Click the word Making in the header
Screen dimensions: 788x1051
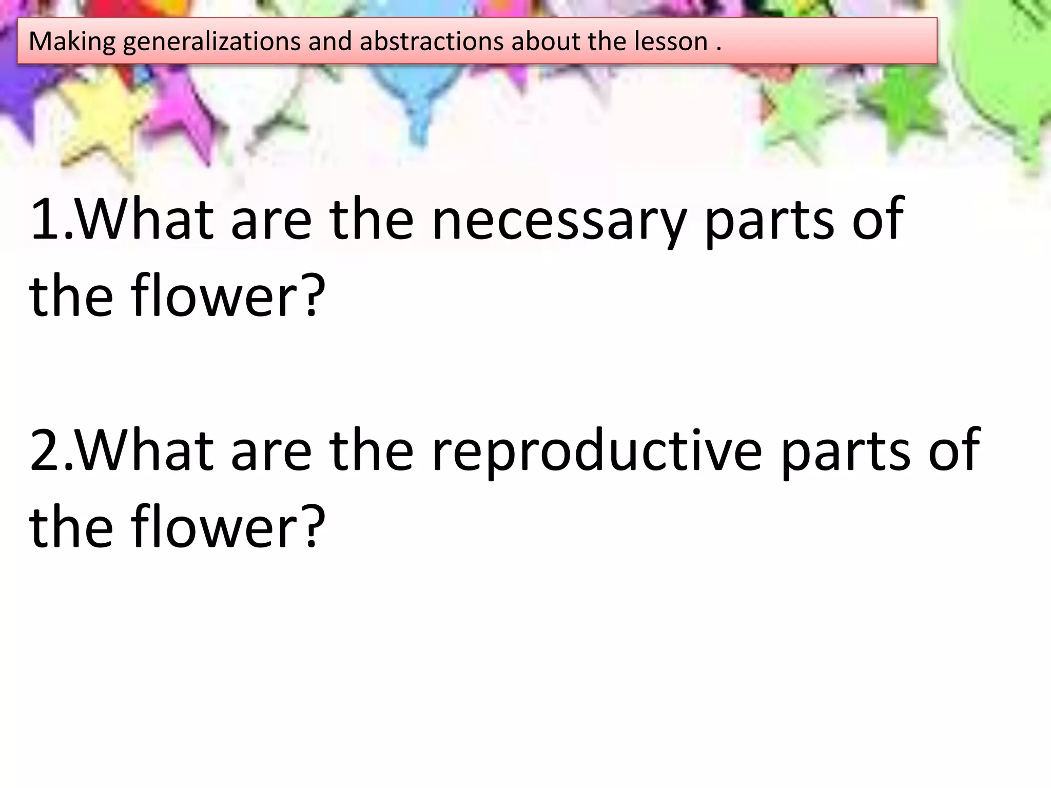(72, 42)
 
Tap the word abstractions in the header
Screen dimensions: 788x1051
(432, 41)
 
